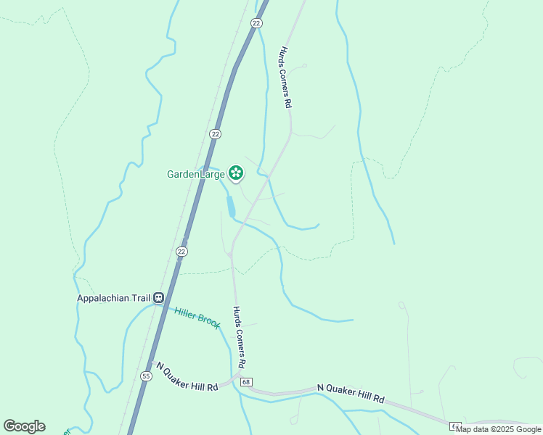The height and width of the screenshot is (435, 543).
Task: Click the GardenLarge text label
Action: point(195,174)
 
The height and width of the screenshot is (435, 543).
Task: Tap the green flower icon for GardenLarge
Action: point(235,173)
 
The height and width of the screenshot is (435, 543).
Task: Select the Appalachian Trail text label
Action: point(113,297)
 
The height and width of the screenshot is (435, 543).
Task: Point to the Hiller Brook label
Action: point(197,318)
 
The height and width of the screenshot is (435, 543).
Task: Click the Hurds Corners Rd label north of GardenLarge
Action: point(285,78)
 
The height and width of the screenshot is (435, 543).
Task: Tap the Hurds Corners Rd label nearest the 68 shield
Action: point(239,336)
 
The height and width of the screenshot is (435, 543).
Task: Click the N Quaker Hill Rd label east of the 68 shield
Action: point(351,394)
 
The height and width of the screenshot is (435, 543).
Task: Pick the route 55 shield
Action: point(146,376)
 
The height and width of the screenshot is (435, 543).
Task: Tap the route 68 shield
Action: point(247,382)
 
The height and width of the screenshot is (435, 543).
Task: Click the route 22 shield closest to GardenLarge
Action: point(215,134)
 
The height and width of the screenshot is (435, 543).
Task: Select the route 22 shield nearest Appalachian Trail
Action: point(181,251)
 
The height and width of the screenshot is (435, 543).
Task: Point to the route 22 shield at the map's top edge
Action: point(256,23)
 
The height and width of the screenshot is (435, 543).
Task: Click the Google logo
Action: point(24,426)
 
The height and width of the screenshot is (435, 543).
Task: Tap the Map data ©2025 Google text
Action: point(498,429)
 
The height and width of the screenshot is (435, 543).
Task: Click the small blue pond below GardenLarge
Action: point(231,207)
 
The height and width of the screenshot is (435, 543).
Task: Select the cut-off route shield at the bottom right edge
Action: point(454,426)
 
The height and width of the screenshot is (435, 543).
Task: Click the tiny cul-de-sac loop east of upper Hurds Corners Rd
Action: point(304,66)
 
